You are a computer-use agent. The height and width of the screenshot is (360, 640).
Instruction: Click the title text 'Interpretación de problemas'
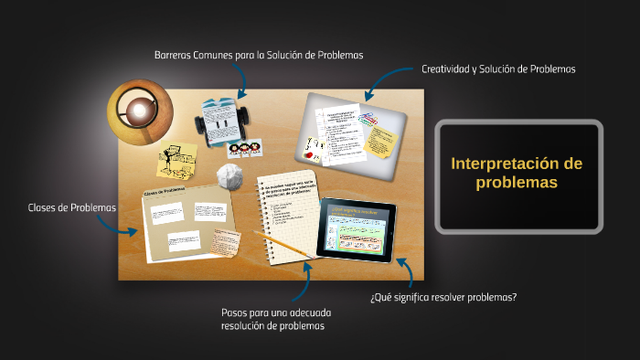click(517, 173)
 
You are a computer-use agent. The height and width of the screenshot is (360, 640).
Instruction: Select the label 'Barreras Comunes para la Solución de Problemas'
click(259, 55)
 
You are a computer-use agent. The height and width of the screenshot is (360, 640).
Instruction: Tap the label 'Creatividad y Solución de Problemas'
click(497, 69)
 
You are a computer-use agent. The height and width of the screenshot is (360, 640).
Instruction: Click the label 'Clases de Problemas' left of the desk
click(72, 207)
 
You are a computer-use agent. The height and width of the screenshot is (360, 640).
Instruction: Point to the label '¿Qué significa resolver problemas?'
click(443, 297)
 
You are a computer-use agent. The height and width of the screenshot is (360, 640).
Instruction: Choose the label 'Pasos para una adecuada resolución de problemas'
click(272, 319)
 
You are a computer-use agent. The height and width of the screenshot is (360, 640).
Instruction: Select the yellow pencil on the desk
click(281, 243)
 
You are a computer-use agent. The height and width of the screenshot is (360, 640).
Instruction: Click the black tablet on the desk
click(356, 228)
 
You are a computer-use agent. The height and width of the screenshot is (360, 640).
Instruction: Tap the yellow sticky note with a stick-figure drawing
click(177, 159)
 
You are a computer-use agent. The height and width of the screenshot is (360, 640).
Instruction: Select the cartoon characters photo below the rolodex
click(244, 149)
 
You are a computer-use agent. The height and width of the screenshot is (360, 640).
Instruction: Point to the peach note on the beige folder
click(226, 241)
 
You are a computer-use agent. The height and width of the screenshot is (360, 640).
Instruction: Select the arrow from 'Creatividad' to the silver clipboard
click(382, 81)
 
